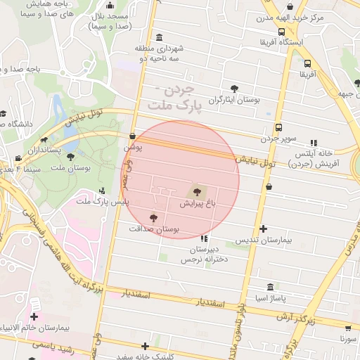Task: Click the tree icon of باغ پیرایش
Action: click(196, 191)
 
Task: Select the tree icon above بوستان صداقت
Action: click(154, 218)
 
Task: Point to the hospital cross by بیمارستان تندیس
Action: click(263, 229)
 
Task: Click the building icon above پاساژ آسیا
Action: click(271, 287)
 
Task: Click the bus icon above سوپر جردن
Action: click(279, 128)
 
